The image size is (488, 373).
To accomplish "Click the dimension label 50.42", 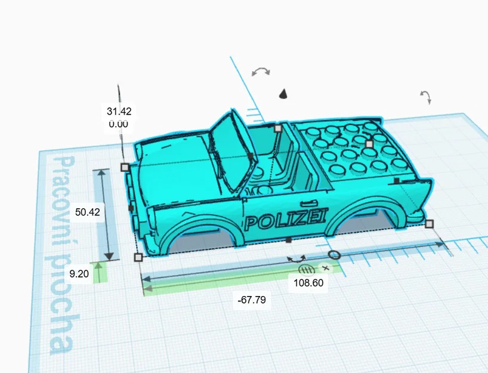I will pos(88,211).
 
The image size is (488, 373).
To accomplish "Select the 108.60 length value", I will pos(308,283).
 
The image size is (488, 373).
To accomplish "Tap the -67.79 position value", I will pos(251,300).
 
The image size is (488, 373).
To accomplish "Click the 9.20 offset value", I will pos(79,274).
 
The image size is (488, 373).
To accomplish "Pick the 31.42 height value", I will pos(119,111).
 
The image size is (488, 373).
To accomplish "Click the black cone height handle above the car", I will pos(284,93).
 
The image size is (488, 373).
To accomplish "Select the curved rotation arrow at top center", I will pos(260,72).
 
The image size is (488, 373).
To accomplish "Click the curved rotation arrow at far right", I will pos(425,97).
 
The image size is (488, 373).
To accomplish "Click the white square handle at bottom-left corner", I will pos(138,257).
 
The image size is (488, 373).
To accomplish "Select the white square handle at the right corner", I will pos(430,224).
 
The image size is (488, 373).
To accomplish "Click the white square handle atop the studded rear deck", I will pos(369,144).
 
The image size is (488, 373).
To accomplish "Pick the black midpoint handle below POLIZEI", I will pos(288,240).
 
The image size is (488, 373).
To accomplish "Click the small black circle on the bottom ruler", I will pos(335,255).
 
